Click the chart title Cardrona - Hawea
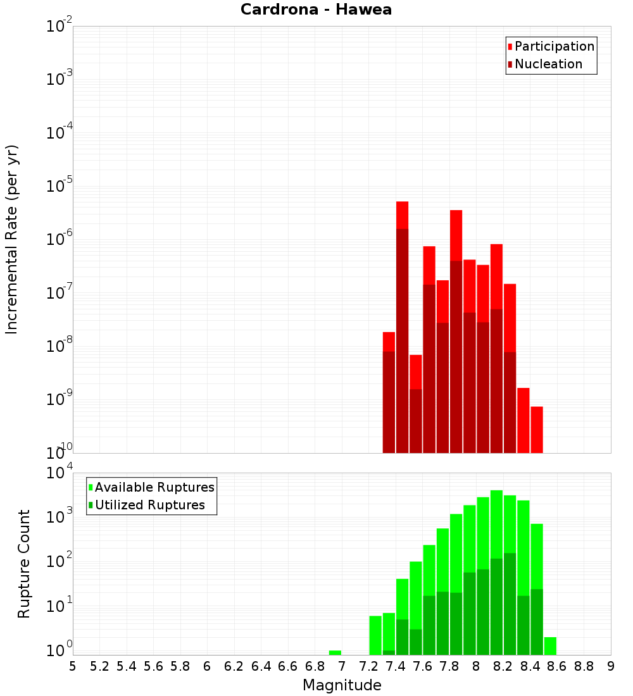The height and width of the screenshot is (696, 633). (x=316, y=9)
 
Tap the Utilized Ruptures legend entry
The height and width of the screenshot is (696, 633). (x=149, y=505)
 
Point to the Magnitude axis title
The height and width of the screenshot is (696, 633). (x=342, y=685)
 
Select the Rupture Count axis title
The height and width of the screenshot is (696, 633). (x=24, y=563)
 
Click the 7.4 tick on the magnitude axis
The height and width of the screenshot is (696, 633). (x=396, y=666)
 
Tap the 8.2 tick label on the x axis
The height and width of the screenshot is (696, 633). (x=503, y=666)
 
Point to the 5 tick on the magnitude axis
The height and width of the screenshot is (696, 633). (x=73, y=666)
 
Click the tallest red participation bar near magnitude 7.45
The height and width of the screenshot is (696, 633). (x=402, y=215)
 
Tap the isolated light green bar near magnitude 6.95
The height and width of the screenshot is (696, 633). (x=335, y=652)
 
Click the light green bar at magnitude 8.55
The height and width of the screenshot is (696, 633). (x=550, y=645)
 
